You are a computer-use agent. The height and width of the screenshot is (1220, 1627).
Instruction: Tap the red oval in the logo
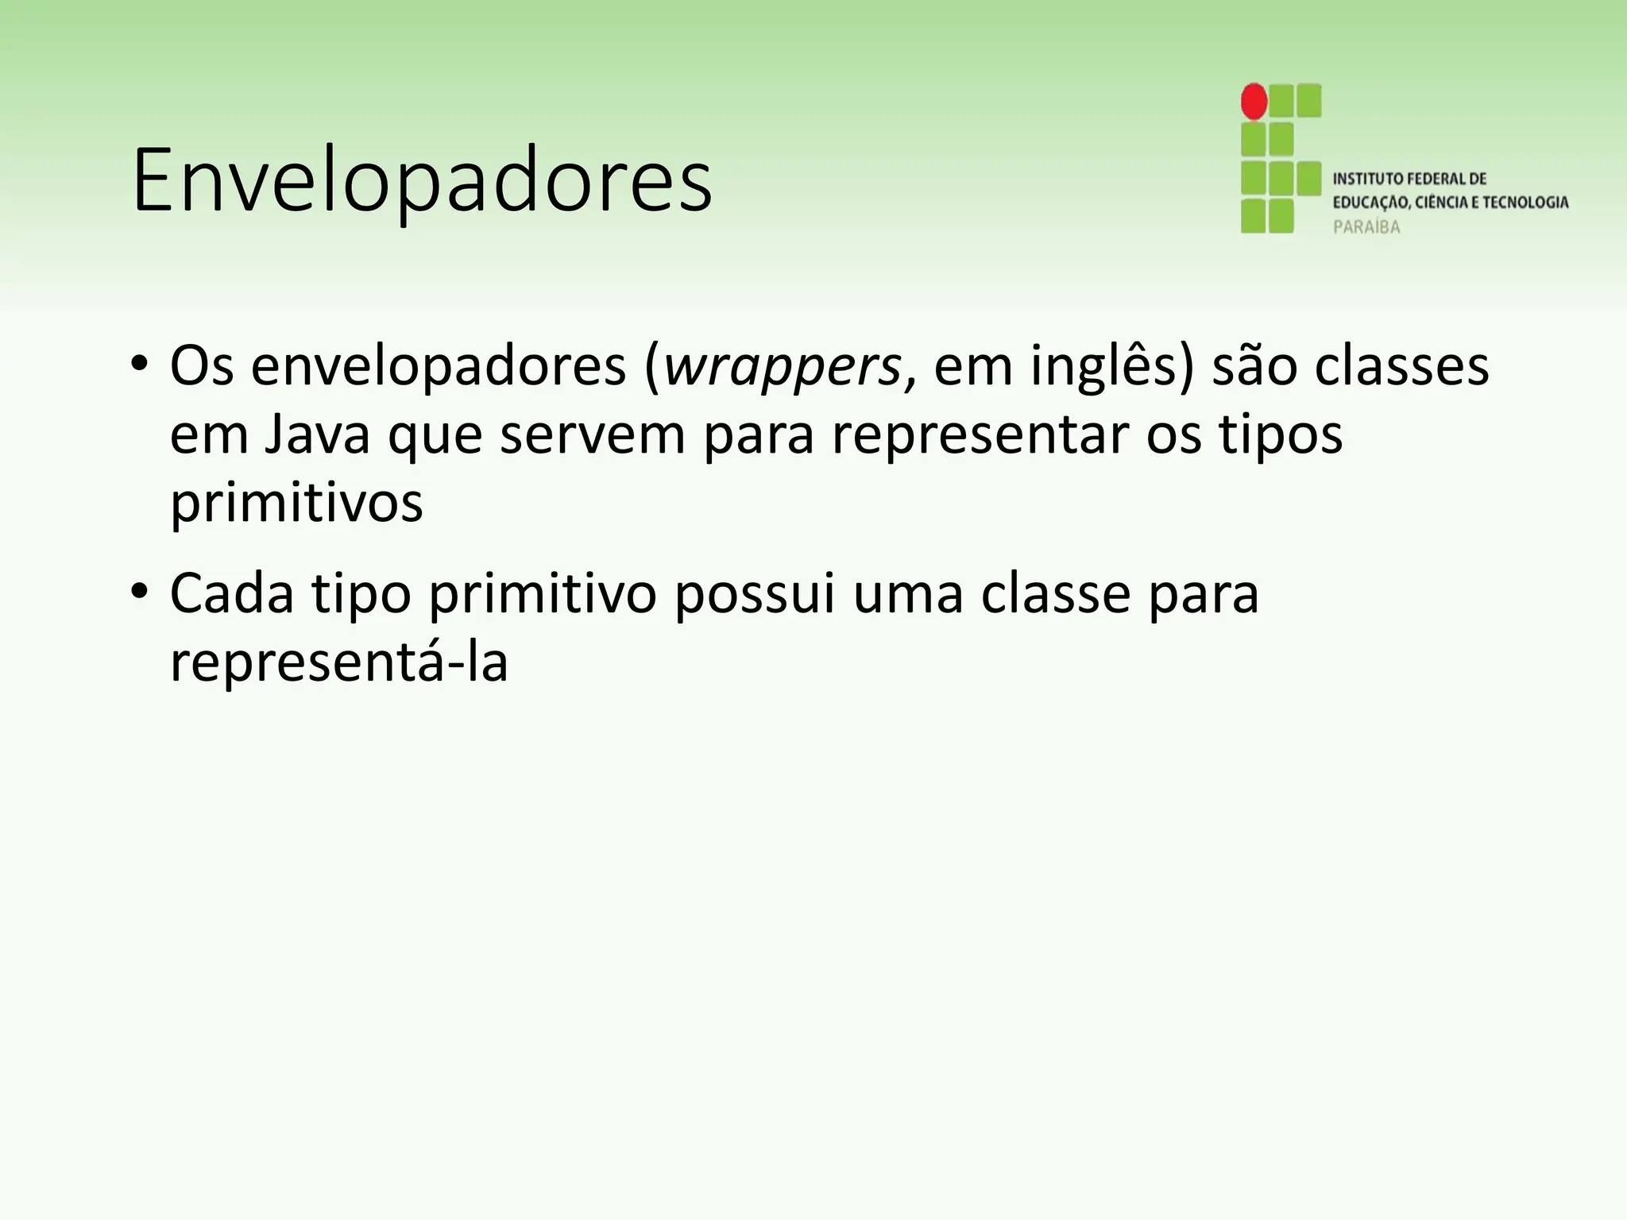tap(1254, 102)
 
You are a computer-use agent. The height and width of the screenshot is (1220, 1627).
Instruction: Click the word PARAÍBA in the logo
tap(1366, 227)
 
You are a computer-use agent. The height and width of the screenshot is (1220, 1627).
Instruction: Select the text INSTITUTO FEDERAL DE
tap(1409, 179)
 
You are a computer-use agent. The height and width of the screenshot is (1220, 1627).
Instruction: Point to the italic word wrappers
tap(782, 367)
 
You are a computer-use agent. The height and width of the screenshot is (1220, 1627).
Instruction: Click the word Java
tap(317, 435)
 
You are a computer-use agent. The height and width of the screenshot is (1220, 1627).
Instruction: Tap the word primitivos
tap(296, 504)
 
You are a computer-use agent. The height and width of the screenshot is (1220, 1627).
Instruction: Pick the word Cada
tap(232, 593)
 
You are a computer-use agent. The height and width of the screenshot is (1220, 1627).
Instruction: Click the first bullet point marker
tap(140, 365)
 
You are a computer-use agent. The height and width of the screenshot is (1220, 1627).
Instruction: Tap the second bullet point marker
tap(140, 592)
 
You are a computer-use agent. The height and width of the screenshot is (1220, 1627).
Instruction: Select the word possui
tap(755, 593)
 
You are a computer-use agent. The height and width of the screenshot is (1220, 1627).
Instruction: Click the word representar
tap(978, 435)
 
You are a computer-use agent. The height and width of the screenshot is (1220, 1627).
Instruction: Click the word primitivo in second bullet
tap(543, 593)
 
